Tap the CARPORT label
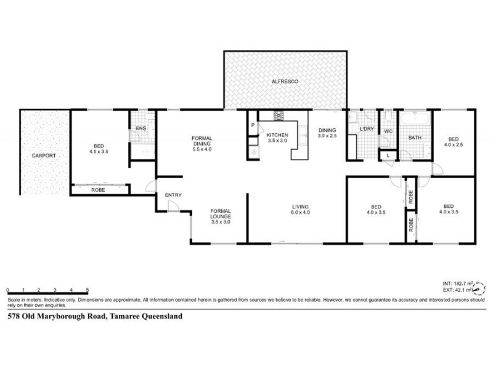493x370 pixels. [44, 156]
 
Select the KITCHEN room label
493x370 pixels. [277, 134]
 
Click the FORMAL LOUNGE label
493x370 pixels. [220, 213]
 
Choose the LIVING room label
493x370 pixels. [300, 207]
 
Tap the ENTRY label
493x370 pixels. [173, 195]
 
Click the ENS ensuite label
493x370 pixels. [141, 128]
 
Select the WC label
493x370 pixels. [388, 131]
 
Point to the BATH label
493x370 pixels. [415, 138]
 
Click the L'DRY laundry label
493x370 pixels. [367, 128]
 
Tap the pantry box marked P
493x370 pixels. [253, 126]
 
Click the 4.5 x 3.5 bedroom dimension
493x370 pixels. [99, 151]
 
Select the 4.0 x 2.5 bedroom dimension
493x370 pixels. [454, 145]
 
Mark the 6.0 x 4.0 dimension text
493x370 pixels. [300, 213]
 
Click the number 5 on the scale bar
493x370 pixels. [88, 290]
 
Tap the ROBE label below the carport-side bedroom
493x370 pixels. [98, 191]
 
